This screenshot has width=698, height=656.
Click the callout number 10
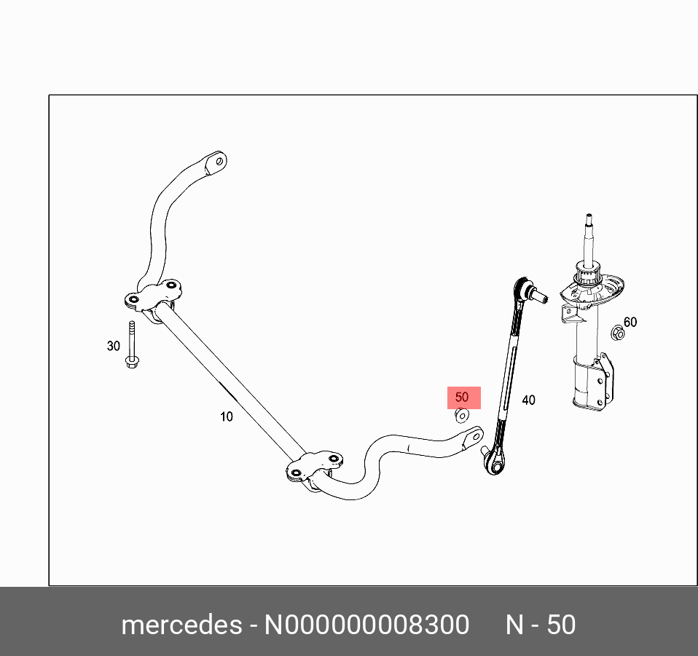[227, 416]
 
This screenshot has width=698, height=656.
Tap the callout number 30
[113, 346]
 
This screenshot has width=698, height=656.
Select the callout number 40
[528, 400]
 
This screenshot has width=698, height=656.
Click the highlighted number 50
[462, 398]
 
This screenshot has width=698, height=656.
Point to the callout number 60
[630, 322]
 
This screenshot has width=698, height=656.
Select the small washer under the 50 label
[461, 416]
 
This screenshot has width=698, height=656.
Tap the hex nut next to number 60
[617, 333]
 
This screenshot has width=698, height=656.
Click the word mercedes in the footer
[181, 625]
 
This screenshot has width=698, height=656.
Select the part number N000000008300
[366, 625]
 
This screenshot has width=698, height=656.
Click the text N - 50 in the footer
[541, 625]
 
